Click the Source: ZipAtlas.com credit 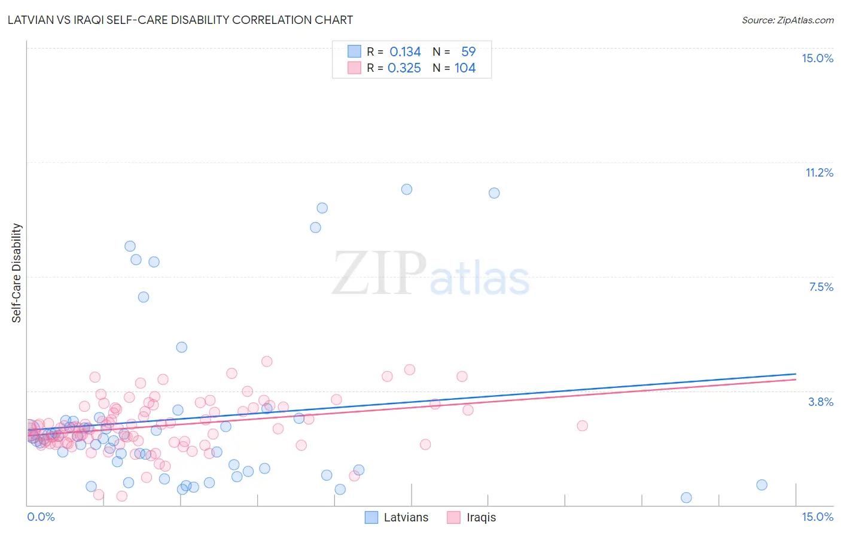pos(787,20)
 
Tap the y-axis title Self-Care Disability pos(17,273)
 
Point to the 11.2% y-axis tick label pos(819,172)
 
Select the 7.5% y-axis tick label pos(821,287)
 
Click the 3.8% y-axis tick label pos(821,402)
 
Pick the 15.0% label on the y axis pos(817,58)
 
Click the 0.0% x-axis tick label pos(41,517)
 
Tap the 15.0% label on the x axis pos(817,517)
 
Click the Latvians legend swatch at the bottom pos(371,517)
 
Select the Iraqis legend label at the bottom pos(481,517)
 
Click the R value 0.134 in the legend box pos(405,52)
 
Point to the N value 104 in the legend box pos(465,68)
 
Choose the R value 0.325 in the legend pos(404,68)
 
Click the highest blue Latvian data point pos(407,189)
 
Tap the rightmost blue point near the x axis pos(761,485)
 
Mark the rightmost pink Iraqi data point pos(582,426)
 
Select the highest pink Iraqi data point pos(267,361)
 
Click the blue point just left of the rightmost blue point pos(686,497)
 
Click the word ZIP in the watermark pos(379,273)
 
